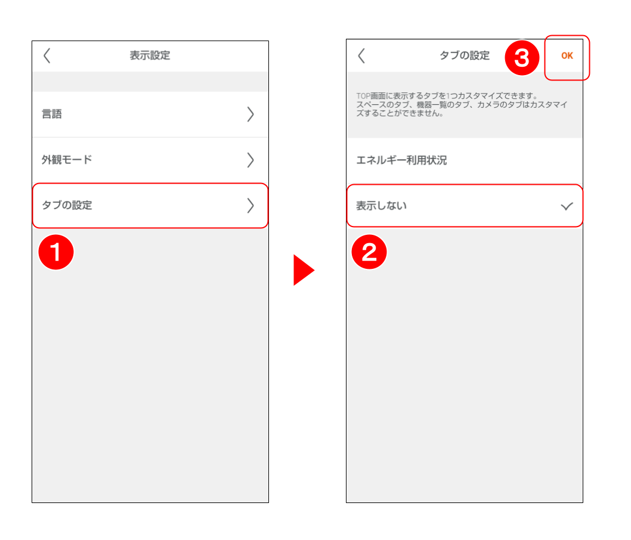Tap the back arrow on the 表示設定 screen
point(47,56)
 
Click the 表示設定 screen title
point(150,55)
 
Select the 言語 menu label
point(52,114)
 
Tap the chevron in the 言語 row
point(250,114)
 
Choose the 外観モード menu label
point(67,160)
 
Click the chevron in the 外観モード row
point(250,160)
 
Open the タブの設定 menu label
point(67,205)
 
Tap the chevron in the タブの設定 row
point(250,205)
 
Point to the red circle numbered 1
point(55,252)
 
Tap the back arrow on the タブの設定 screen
point(361,56)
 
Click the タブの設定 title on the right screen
point(464,55)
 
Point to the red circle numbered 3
point(522,58)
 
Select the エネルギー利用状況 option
point(401,160)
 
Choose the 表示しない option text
point(381,206)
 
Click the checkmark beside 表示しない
point(566,206)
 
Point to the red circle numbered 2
point(369,252)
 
